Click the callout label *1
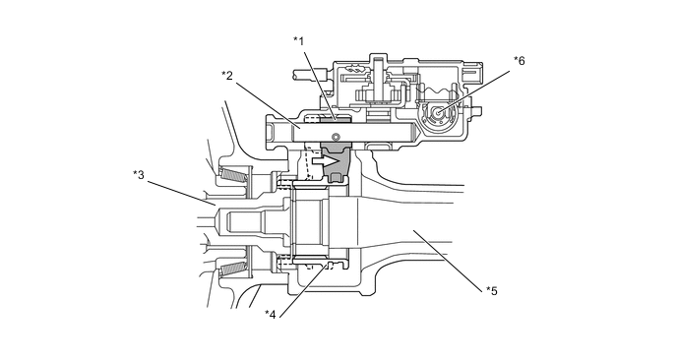tap(299, 41)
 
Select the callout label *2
tap(227, 76)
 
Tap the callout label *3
tap(139, 175)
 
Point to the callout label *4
tap(271, 314)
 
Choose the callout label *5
tap(492, 291)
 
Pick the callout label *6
tap(520, 61)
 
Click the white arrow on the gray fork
tap(326, 161)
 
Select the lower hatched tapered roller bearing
tap(233, 270)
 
